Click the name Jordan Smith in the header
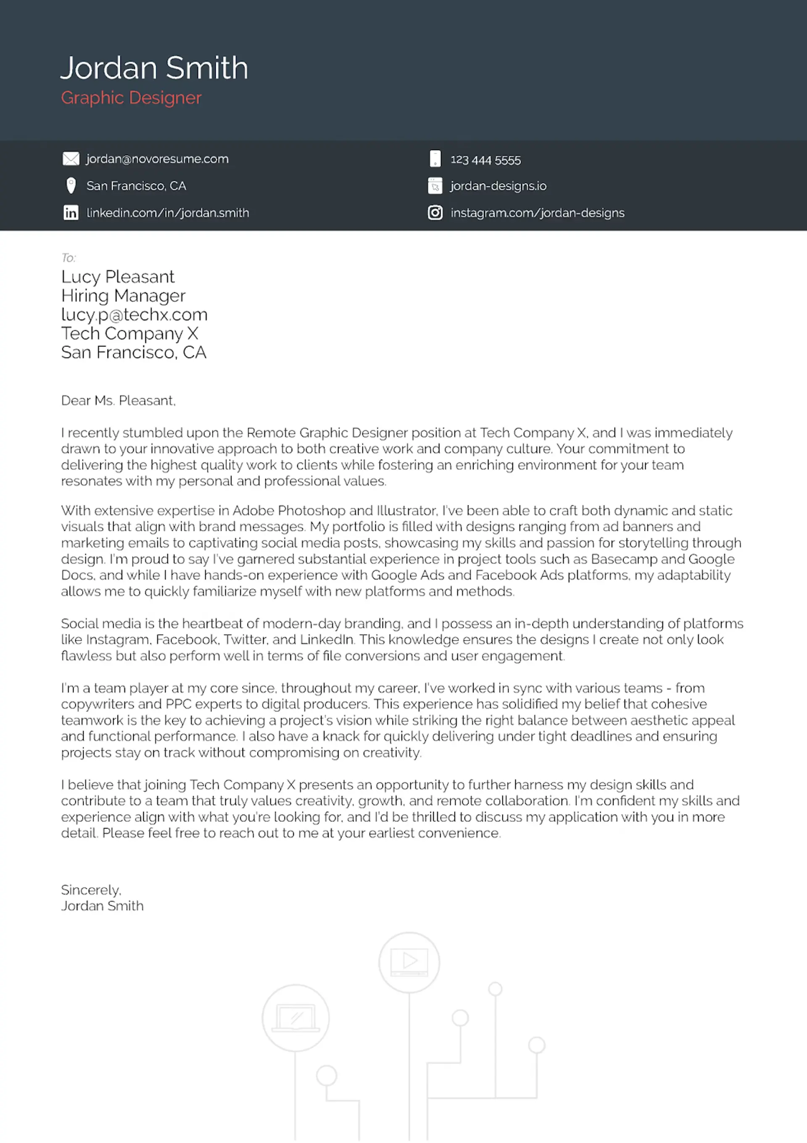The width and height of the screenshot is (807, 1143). (154, 68)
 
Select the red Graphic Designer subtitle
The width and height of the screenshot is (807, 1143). (131, 98)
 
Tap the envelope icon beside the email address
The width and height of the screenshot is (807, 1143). (71, 159)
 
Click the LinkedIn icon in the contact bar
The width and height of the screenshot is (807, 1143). (71, 213)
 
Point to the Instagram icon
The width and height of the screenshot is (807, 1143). (435, 213)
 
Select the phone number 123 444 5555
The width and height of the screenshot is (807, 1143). (485, 160)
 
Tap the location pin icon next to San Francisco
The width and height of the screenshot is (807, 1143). (71, 186)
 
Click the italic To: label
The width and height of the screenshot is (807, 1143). (68, 257)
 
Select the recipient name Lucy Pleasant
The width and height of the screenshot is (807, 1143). (118, 276)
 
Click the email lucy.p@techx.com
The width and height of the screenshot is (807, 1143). (134, 314)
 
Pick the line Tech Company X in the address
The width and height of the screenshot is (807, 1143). (129, 333)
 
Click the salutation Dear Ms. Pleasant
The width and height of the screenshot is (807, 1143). (118, 400)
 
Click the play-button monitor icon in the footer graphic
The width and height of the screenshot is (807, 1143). (409, 962)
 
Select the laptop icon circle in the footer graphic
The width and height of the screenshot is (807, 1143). (296, 1018)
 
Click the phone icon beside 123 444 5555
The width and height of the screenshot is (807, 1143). (435, 159)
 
